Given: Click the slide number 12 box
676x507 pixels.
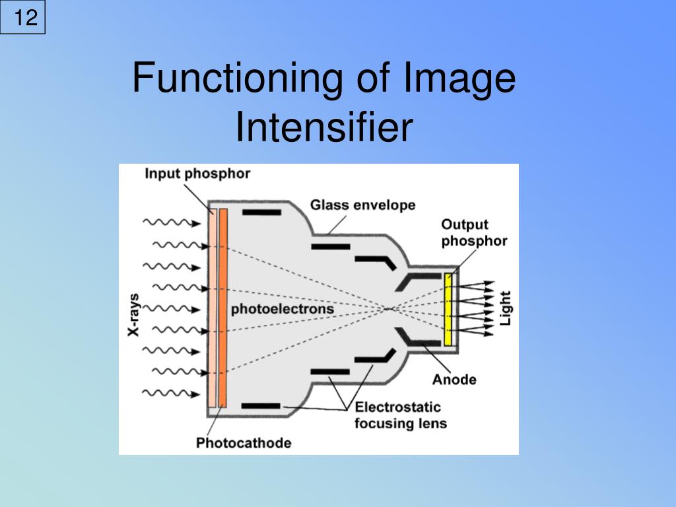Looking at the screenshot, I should (24, 18).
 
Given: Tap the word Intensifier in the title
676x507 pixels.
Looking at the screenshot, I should (323, 128).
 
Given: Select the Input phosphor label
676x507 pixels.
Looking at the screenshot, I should (197, 174).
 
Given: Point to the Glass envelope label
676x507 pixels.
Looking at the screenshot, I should (363, 205).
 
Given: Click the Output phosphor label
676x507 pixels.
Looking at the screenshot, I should (474, 232).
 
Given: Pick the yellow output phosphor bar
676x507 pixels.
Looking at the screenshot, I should (448, 310).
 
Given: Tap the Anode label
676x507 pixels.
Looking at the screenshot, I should (454, 380).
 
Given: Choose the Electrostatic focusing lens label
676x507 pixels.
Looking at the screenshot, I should (400, 415).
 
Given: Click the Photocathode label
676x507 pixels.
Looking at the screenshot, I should (243, 442).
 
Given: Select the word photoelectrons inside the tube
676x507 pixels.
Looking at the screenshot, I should (283, 309).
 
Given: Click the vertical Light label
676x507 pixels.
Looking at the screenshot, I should (506, 308).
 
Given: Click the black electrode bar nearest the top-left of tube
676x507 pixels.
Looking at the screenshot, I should (262, 213).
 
